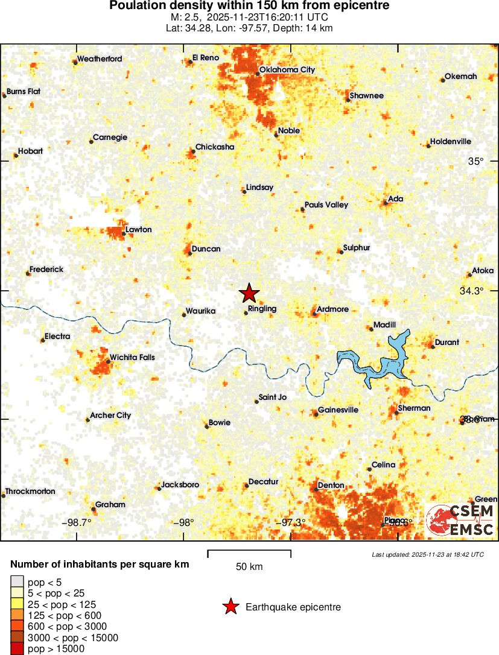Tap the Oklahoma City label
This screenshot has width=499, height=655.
tap(287, 70)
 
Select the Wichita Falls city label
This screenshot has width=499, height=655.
tap(132, 357)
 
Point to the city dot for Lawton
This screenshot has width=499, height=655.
tap(124, 233)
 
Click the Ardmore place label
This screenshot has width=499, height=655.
tap(333, 309)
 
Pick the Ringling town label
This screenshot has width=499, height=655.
tap(262, 308)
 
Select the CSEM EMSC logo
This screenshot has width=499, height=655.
tap(461, 520)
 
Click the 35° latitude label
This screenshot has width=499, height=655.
tap(476, 161)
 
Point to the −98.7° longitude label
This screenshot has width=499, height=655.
tap(77, 522)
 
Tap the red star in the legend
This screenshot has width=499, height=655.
tap(230, 607)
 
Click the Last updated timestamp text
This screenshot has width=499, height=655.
tap(428, 554)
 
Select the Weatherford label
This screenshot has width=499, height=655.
tap(100, 59)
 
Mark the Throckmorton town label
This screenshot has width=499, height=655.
tap(30, 491)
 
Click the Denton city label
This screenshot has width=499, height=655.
tap(331, 485)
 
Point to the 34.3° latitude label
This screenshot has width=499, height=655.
tap(472, 291)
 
